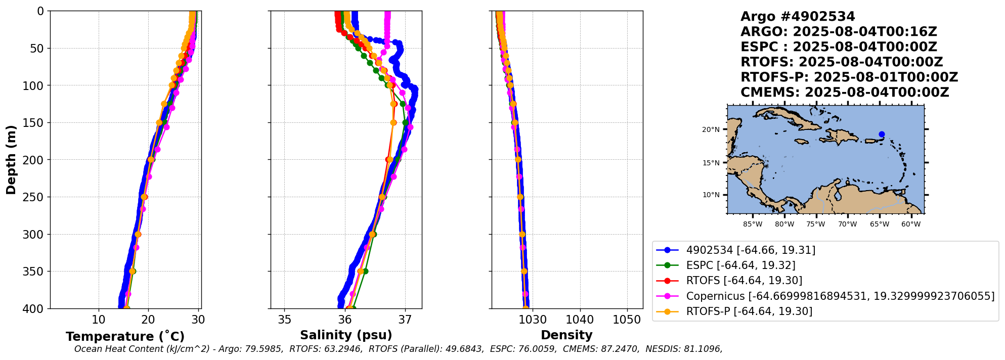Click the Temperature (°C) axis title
click(x=125, y=336)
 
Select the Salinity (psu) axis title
click(x=346, y=335)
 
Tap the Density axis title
click(x=566, y=335)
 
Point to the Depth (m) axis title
click(x=11, y=159)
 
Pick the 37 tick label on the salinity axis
click(x=405, y=320)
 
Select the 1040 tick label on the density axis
click(x=580, y=320)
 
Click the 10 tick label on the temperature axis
click(x=99, y=320)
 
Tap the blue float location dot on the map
click(x=882, y=134)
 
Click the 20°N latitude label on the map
click(x=711, y=130)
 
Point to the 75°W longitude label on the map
click(x=815, y=224)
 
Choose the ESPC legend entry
click(x=740, y=265)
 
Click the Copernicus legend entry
click(x=840, y=296)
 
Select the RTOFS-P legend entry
click(x=749, y=311)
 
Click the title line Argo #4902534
click(x=798, y=17)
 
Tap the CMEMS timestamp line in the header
click(x=845, y=93)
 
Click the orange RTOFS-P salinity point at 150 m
click(x=394, y=122)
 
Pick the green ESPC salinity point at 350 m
click(x=365, y=271)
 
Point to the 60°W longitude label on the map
click(x=911, y=224)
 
